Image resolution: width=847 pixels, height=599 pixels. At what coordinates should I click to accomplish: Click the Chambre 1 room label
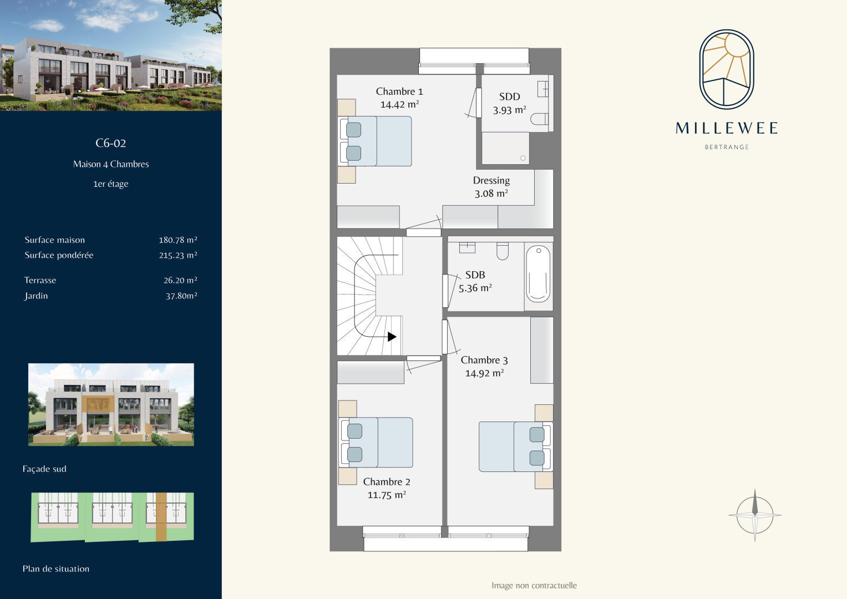pyautogui.click(x=399, y=92)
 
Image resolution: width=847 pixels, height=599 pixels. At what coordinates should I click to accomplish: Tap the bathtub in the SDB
pyautogui.click(x=538, y=274)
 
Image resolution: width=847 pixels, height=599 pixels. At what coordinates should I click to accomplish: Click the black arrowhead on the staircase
pyautogui.click(x=392, y=337)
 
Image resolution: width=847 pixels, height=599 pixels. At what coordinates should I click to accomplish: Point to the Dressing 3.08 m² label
pyautogui.click(x=491, y=187)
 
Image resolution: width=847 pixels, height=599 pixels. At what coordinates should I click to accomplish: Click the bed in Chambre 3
pyautogui.click(x=516, y=446)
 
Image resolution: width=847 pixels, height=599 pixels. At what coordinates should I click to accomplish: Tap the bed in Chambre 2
pyautogui.click(x=376, y=443)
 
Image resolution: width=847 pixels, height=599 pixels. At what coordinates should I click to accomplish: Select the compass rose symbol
pyautogui.click(x=755, y=515)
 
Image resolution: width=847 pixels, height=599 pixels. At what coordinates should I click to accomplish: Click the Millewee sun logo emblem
pyautogui.click(x=727, y=69)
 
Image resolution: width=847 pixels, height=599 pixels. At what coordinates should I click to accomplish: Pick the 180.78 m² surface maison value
pyautogui.click(x=178, y=240)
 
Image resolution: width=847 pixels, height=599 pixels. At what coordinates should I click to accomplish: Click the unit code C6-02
pyautogui.click(x=110, y=143)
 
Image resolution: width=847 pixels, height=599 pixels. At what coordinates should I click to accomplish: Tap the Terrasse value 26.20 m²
pyautogui.click(x=180, y=280)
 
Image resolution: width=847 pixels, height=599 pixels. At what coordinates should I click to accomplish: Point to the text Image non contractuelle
pyautogui.click(x=534, y=585)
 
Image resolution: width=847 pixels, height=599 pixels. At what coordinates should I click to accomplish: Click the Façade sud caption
pyautogui.click(x=44, y=469)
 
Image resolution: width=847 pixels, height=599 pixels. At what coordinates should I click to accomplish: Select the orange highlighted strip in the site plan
pyautogui.click(x=161, y=516)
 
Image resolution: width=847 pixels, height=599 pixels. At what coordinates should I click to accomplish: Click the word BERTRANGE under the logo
pyautogui.click(x=727, y=147)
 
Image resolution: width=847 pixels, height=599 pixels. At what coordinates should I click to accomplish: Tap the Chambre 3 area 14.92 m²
pyautogui.click(x=484, y=373)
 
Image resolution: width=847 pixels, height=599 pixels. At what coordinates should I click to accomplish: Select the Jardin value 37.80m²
pyautogui.click(x=181, y=296)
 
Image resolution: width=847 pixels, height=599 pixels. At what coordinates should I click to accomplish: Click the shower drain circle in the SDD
pyautogui.click(x=523, y=158)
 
